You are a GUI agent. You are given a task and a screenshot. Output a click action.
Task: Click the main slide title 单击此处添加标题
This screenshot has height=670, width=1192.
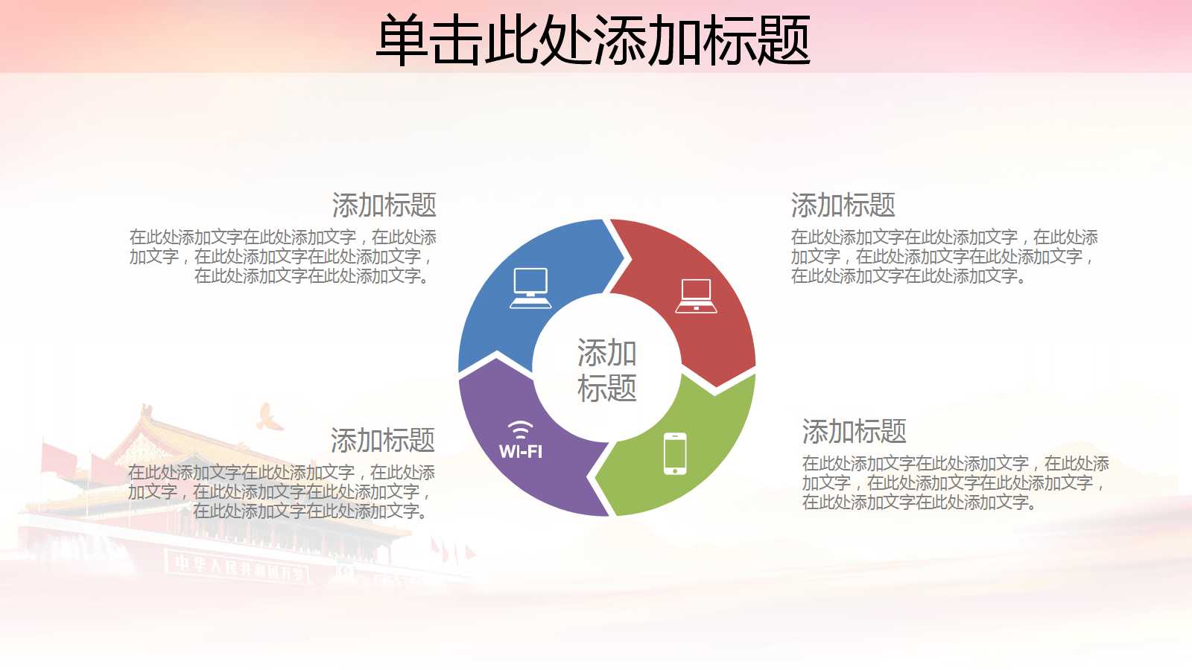[x=593, y=40]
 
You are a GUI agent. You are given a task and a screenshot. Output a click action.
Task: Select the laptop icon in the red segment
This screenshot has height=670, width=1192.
[x=696, y=296]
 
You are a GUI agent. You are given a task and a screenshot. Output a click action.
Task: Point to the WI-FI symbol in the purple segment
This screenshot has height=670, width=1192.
[x=520, y=440]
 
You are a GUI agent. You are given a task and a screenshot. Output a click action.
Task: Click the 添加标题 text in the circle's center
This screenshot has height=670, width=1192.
[x=607, y=370]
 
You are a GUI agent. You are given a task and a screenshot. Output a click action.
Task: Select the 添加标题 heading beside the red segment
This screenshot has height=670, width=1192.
[x=843, y=205]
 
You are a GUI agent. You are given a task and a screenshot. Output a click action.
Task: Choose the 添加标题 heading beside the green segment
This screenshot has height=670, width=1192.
[x=854, y=431]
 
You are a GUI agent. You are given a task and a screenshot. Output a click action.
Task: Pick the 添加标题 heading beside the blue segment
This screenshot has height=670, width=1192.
[x=384, y=205]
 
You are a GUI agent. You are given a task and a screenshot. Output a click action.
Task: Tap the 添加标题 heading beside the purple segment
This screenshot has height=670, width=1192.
[x=382, y=440]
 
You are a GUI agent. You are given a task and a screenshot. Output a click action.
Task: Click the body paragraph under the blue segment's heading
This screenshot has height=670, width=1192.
[x=283, y=257]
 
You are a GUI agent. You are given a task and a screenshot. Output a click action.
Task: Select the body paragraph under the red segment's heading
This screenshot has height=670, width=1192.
[x=944, y=257]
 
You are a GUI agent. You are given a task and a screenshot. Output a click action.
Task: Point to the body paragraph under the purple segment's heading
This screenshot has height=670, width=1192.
[x=282, y=492]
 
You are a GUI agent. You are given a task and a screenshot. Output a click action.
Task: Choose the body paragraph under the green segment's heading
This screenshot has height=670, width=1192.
[x=955, y=483]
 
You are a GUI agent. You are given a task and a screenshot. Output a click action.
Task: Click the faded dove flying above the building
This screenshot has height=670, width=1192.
[x=269, y=418]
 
